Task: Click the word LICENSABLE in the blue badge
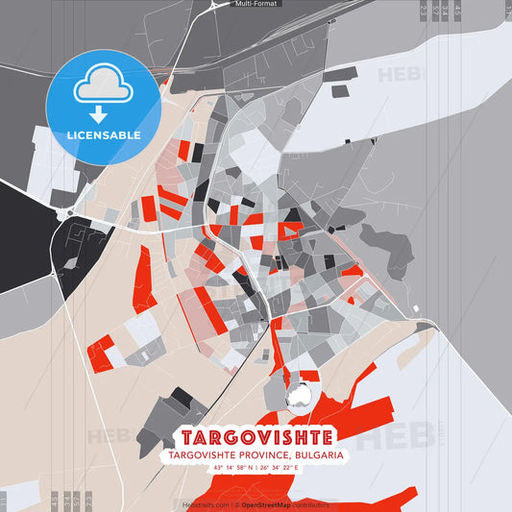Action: [104, 135]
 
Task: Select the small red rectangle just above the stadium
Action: [309, 375]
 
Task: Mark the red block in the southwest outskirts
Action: [100, 353]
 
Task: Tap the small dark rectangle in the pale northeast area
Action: [339, 91]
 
